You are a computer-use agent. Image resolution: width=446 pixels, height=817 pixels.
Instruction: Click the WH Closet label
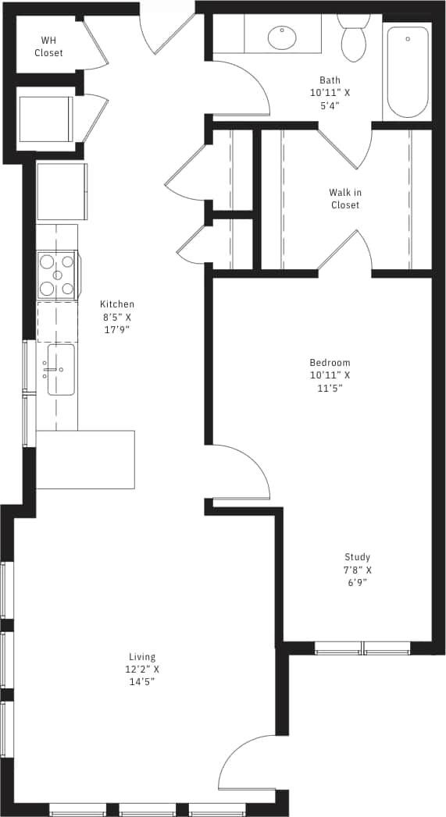(x=48, y=47)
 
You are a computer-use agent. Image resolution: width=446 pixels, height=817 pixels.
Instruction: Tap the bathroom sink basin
(x=281, y=36)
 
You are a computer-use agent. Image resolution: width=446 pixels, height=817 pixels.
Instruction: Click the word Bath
(x=330, y=80)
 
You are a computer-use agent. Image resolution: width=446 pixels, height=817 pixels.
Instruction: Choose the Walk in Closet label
(x=344, y=198)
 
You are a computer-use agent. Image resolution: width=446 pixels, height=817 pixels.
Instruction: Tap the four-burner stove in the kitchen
(x=57, y=275)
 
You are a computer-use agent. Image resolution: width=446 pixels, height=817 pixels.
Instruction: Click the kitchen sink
(x=61, y=370)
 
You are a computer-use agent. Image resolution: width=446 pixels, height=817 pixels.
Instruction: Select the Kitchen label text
(x=116, y=304)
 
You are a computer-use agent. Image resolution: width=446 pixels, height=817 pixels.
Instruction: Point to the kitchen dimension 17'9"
(x=116, y=329)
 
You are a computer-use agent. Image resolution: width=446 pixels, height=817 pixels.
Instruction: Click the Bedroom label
(x=330, y=363)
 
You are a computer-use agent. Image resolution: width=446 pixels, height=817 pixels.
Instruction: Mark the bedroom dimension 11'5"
(x=330, y=388)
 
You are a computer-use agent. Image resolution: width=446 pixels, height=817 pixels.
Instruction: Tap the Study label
(x=358, y=557)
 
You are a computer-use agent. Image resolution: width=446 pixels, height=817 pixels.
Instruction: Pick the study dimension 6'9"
(x=358, y=582)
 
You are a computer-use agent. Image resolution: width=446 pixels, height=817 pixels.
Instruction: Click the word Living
(x=142, y=657)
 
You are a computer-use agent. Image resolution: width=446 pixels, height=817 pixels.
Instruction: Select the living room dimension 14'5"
(x=142, y=682)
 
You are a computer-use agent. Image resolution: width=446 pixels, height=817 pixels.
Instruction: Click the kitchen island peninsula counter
(x=85, y=460)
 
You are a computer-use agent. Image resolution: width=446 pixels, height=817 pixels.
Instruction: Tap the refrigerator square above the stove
(x=61, y=192)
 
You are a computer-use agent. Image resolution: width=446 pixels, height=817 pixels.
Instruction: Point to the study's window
(x=362, y=648)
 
